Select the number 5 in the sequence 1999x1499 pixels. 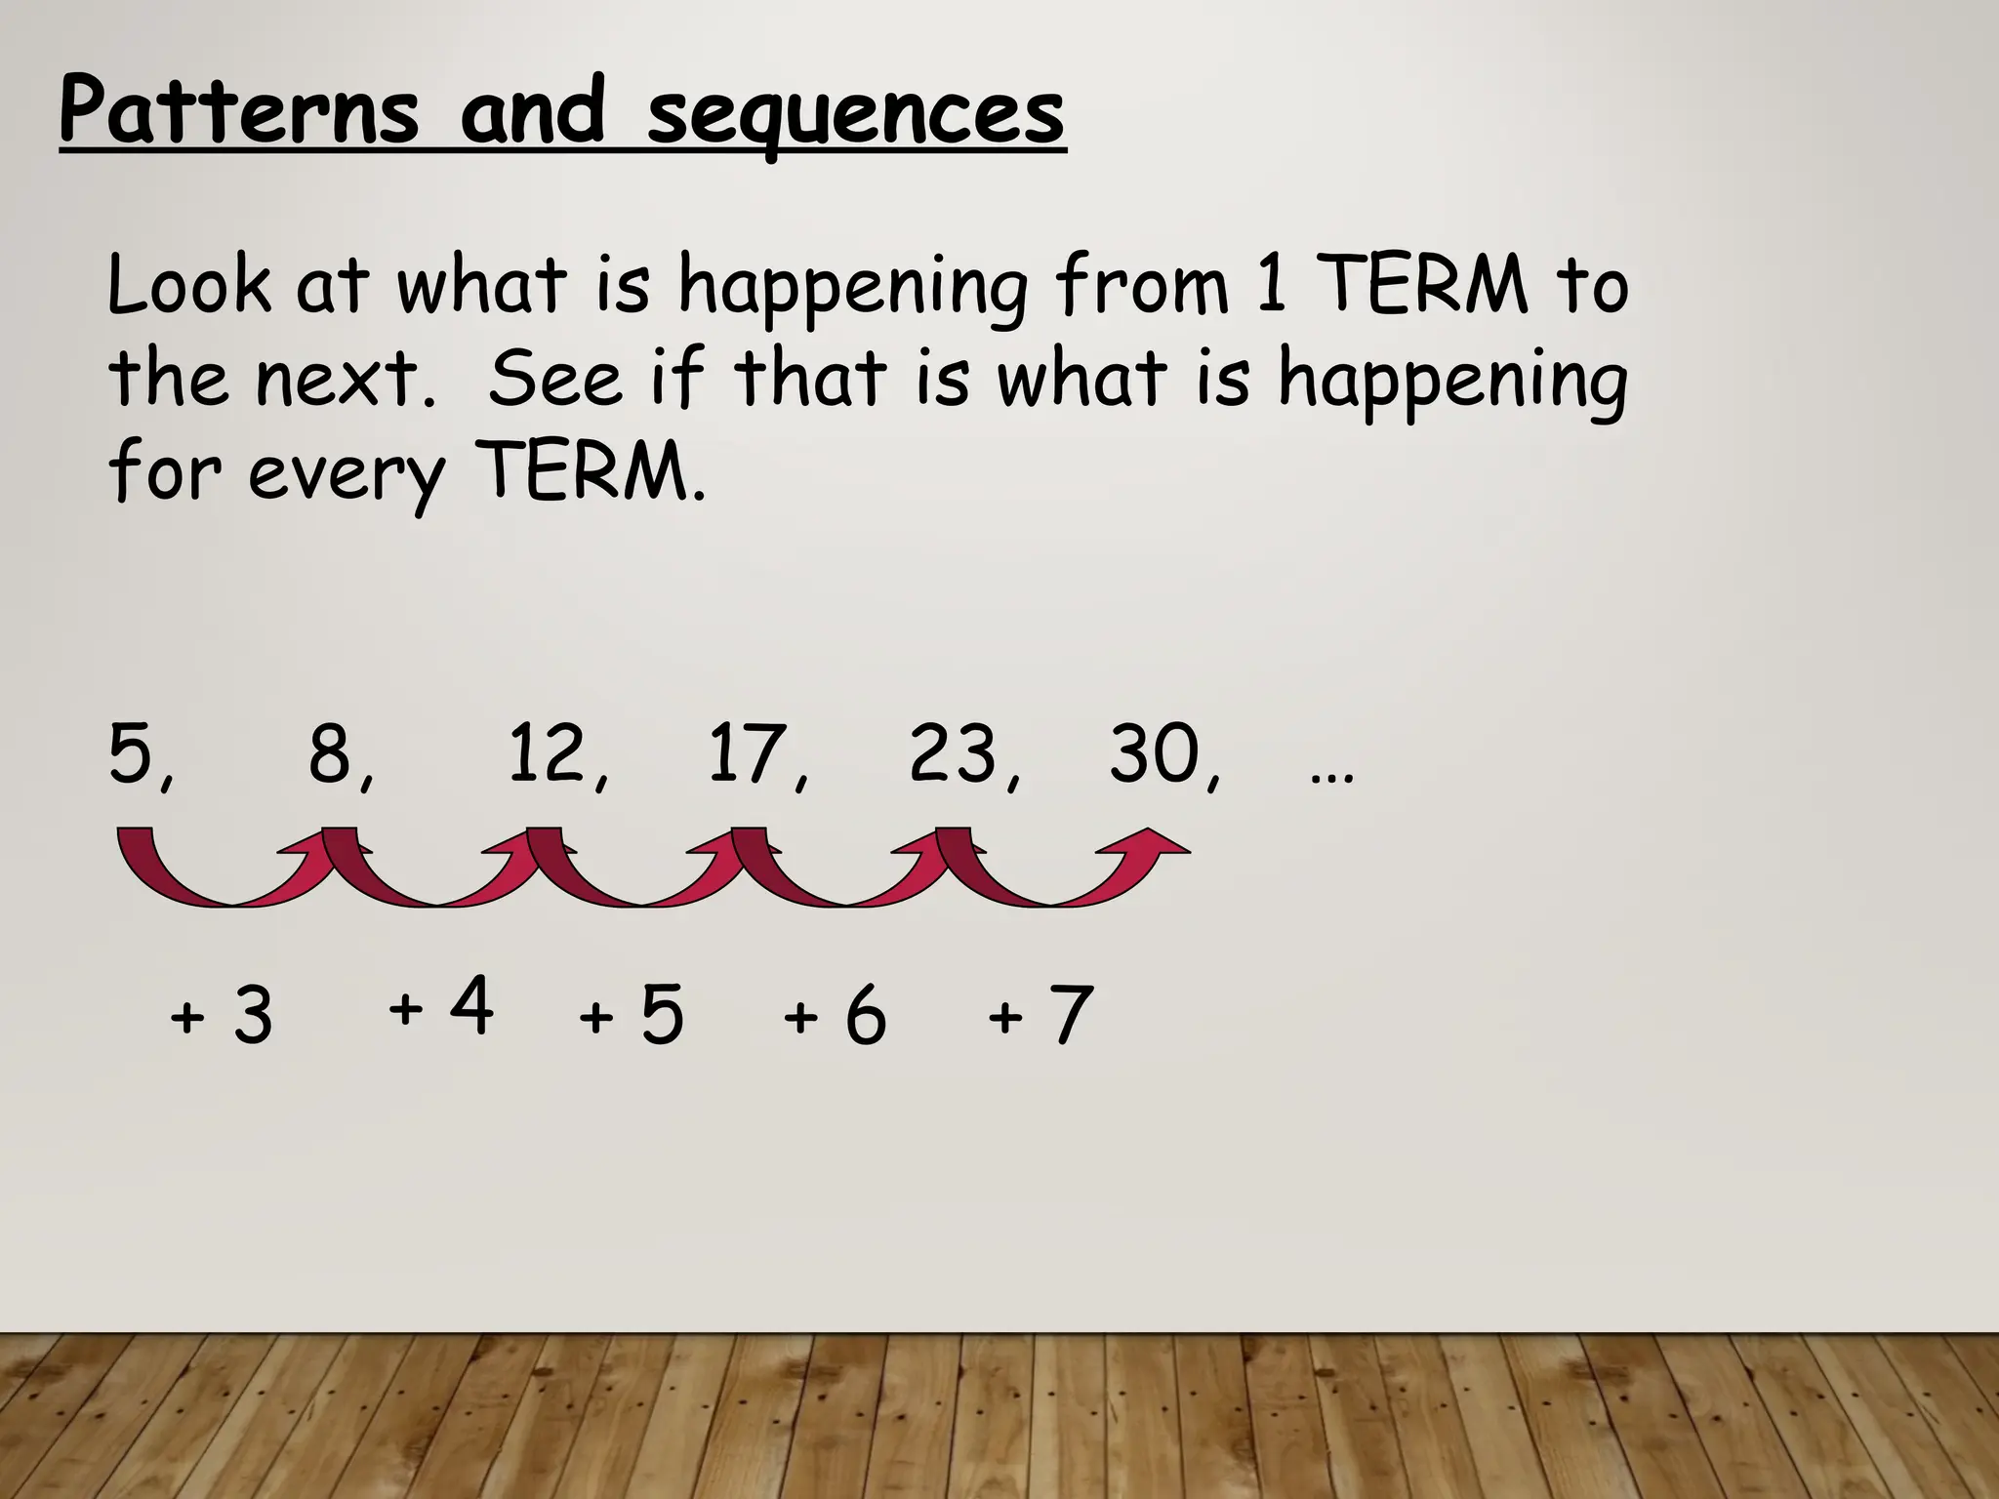[x=133, y=753]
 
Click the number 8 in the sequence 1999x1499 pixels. [x=332, y=753]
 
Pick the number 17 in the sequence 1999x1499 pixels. [x=747, y=753]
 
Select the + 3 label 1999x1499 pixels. [x=222, y=1015]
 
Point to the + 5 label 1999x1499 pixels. [x=632, y=1015]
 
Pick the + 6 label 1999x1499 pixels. [x=835, y=1016]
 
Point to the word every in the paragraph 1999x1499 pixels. [x=346, y=475]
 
